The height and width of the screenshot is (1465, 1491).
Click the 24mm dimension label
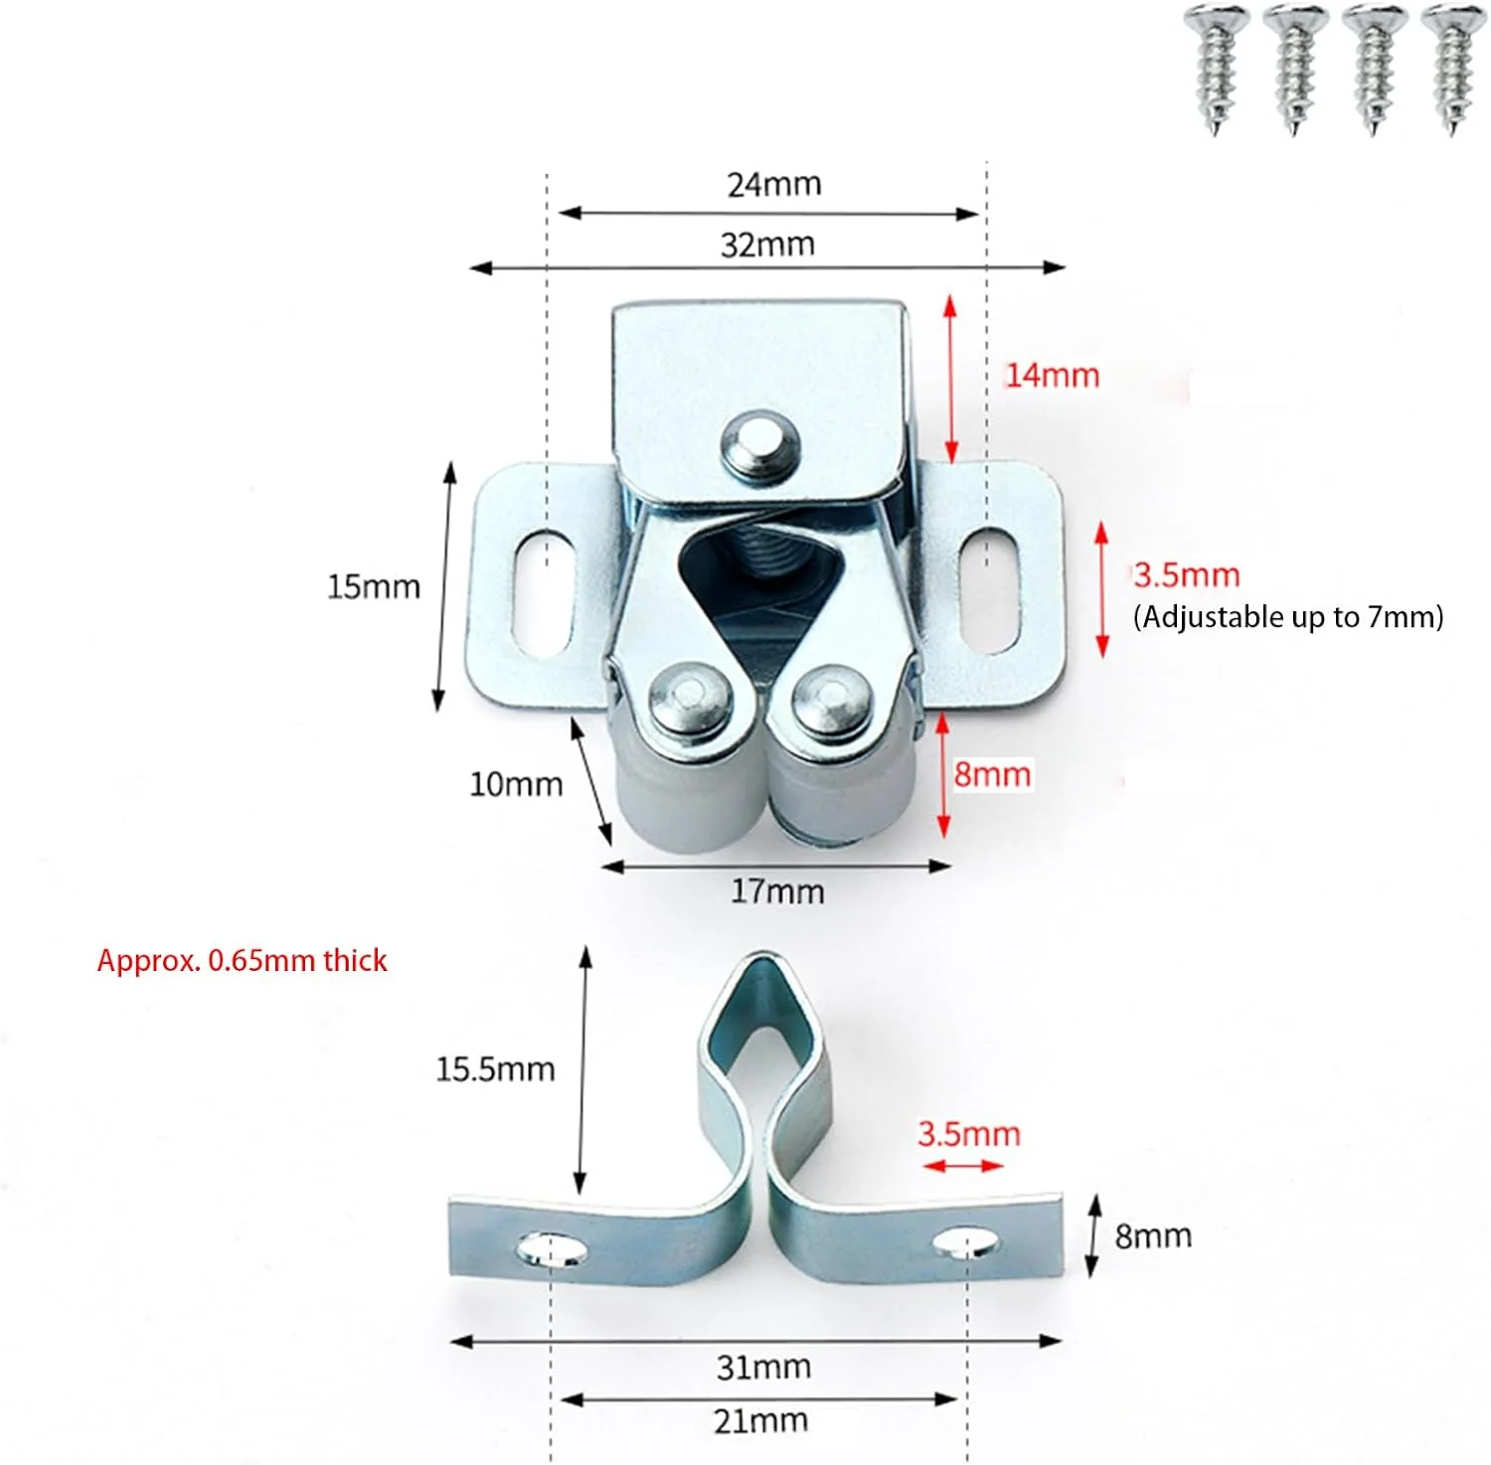773,185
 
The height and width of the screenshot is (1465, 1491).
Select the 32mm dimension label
767,244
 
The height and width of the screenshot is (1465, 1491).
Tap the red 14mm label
1053,376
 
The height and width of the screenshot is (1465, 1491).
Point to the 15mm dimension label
374,586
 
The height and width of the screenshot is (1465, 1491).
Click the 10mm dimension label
516,784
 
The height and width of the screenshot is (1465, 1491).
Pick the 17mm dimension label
777,892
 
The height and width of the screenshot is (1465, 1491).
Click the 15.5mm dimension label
495,1069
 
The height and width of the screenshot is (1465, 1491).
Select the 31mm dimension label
763,1368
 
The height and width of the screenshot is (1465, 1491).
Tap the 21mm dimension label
760,1421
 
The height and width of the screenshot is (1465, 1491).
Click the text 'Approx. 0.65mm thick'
242,960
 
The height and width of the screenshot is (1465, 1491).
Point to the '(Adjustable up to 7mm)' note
1288,617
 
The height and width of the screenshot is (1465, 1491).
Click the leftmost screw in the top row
1214,66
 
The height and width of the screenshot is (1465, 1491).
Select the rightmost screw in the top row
1452,66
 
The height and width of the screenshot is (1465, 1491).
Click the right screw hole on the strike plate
965,1241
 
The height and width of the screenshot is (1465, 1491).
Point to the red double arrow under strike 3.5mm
963,1165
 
